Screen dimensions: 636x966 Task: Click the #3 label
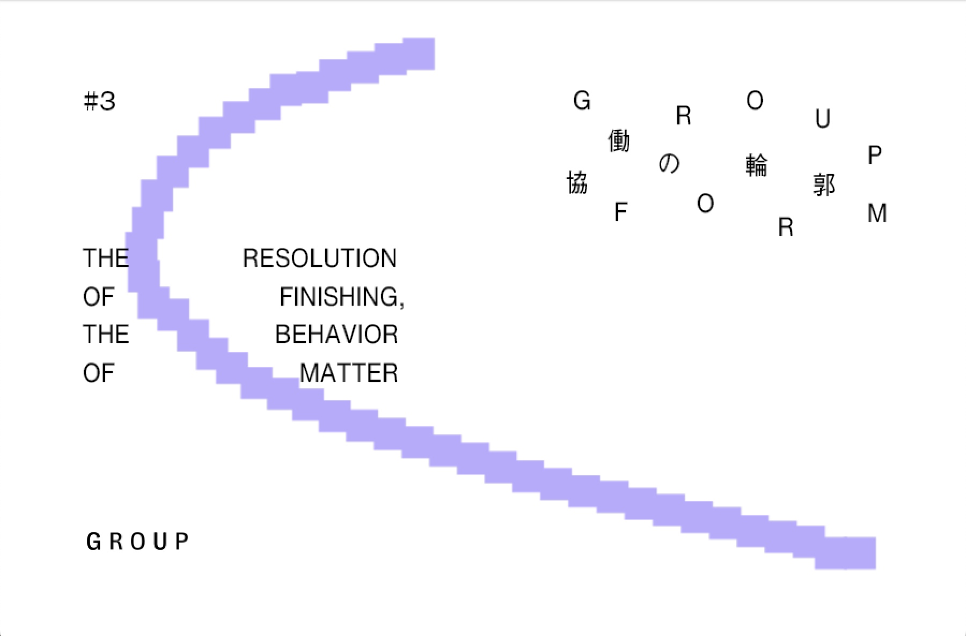[x=100, y=101]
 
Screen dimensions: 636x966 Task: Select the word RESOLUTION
[x=319, y=258]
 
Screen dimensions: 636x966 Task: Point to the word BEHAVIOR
[x=336, y=335]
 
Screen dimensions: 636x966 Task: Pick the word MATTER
[x=349, y=373]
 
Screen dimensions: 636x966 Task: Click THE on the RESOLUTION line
[x=105, y=258]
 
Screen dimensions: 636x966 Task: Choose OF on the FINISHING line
[x=99, y=297]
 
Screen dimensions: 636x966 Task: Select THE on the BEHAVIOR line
[x=106, y=335]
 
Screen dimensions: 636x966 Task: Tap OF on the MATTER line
[x=99, y=373]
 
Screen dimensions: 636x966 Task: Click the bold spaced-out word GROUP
[x=137, y=542]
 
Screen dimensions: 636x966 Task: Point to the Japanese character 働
[x=619, y=141]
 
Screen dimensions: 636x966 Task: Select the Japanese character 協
[x=577, y=183]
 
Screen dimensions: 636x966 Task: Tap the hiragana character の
[x=669, y=163]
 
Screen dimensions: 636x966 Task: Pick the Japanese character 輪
[x=757, y=165]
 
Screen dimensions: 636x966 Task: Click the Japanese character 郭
[x=824, y=185]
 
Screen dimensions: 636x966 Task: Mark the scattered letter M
[x=877, y=213]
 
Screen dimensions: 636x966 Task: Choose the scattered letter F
[x=620, y=212]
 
